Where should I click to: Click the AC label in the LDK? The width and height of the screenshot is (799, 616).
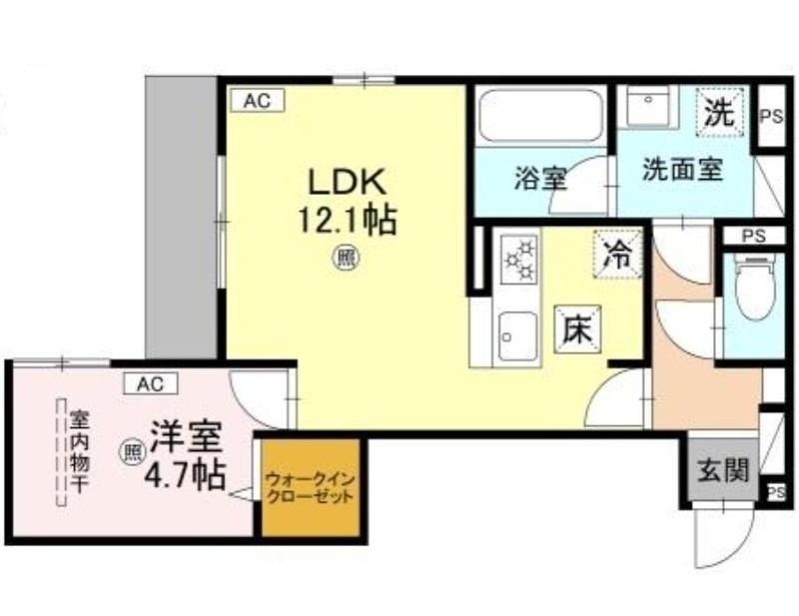tap(258, 101)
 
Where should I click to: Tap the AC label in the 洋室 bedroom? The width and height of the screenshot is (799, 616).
tap(151, 383)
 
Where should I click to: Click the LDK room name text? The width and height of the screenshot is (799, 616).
tap(347, 183)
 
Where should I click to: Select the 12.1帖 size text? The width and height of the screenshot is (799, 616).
tap(347, 221)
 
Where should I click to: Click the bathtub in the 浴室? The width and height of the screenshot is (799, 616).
tap(540, 116)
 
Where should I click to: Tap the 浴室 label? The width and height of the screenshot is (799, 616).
tap(540, 179)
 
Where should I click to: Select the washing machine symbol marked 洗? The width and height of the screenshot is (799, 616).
tap(720, 112)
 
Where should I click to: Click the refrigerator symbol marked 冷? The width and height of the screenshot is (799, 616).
tap(617, 254)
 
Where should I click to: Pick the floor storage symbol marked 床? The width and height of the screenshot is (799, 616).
tap(578, 329)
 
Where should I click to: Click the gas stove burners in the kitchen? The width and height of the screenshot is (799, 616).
tap(519, 260)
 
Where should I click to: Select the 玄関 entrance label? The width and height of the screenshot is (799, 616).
tap(723, 470)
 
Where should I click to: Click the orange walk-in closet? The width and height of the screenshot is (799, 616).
tap(311, 486)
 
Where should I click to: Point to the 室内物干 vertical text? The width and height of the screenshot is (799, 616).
tap(79, 450)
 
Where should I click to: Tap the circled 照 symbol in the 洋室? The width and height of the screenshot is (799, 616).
tap(133, 452)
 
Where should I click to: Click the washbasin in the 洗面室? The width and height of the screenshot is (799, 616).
tap(648, 106)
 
